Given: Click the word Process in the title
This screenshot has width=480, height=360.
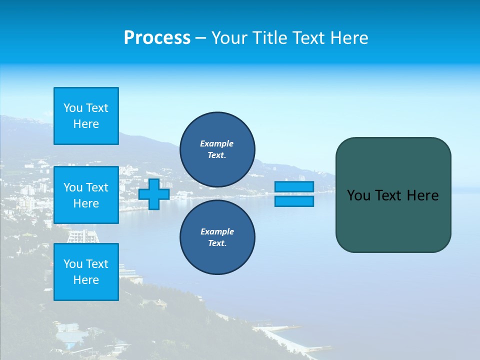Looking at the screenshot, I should pos(157,38).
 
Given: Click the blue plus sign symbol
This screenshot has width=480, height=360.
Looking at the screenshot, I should pos(154,194).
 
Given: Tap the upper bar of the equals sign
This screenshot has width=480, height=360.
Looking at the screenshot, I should pos(294,186).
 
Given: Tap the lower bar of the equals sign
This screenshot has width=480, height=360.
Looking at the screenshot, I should pos(294,201).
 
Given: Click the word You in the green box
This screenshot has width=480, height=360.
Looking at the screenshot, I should pos(358,195).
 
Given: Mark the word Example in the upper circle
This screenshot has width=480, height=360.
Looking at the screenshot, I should pos(217,143).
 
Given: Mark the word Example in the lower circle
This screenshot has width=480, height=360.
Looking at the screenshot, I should pos(217,231).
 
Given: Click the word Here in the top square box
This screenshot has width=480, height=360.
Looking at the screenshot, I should pos(86,124).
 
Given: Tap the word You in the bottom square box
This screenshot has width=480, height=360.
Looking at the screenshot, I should pos(73,264).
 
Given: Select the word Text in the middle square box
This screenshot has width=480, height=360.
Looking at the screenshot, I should pos(96,187).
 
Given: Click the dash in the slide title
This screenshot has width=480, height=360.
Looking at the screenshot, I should pos(201,38).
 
